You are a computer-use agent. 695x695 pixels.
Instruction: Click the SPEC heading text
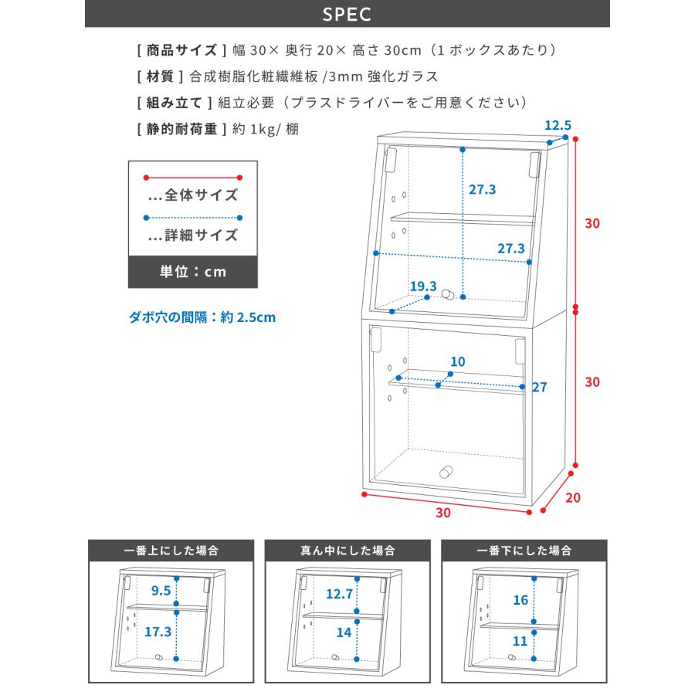coord(347,14)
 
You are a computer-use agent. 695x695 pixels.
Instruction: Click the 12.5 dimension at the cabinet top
coord(558,124)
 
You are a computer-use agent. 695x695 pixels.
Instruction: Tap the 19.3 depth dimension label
coord(423,286)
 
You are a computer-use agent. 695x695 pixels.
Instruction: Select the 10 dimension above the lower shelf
coord(458,361)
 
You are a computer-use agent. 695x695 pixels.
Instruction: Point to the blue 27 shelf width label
coord(539,387)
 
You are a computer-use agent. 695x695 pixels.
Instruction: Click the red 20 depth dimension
coord(572,497)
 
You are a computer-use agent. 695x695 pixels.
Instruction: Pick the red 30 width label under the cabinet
coord(442,511)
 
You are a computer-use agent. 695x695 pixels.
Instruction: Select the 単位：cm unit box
coord(192,272)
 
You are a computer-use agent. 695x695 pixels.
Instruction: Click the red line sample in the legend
coord(192,177)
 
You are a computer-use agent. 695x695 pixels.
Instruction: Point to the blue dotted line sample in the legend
coord(192,218)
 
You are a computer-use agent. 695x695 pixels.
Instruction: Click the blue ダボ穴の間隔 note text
coord(202,317)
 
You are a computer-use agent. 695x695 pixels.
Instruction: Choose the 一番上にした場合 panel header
coord(171,551)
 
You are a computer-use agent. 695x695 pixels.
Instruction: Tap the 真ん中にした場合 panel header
coord(347,551)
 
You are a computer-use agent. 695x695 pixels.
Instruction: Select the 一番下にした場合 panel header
coord(524,551)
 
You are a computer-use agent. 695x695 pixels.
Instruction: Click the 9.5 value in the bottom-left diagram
coord(161,592)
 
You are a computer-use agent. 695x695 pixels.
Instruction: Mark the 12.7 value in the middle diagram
coord(339,594)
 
